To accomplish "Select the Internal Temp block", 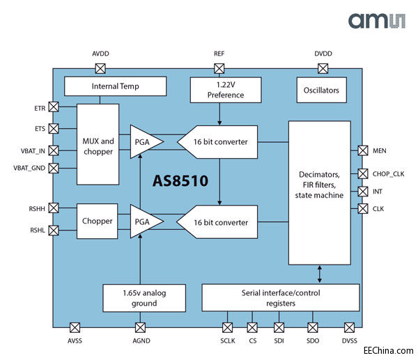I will (115, 86).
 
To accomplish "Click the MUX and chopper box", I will (97, 145).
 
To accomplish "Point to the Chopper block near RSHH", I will (97, 221).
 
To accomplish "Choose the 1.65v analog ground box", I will (144, 298).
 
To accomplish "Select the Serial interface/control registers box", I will (281, 298).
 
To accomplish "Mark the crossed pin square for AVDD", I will (100, 68).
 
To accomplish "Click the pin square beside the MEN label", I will (362, 150).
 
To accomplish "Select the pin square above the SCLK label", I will (227, 327).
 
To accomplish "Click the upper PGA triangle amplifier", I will (145, 141).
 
